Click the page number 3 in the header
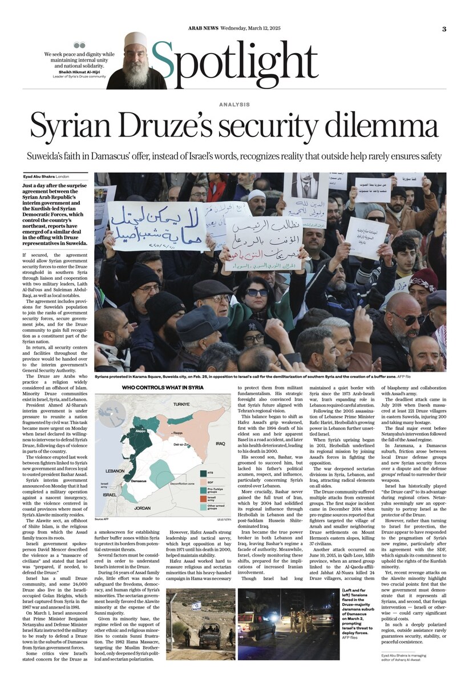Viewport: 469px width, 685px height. [x=444, y=29]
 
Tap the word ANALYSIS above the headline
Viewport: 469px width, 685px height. [x=234, y=104]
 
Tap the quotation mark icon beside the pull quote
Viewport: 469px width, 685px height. [x=80, y=46]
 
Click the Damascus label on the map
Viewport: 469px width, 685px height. [x=139, y=482]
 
